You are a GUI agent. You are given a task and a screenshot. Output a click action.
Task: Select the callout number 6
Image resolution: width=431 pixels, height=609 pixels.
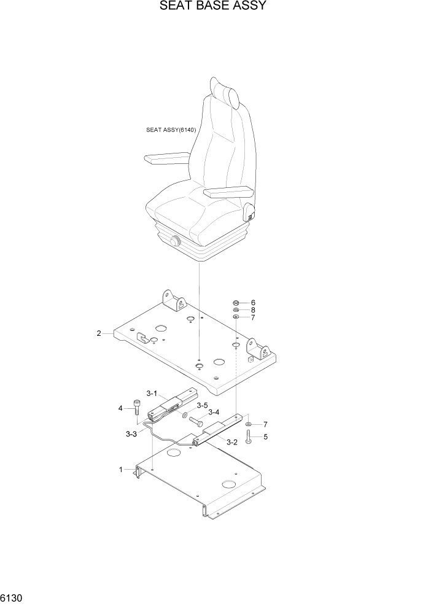tap(252, 303)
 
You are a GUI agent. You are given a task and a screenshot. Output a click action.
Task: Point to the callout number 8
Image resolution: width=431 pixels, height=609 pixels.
tap(252, 310)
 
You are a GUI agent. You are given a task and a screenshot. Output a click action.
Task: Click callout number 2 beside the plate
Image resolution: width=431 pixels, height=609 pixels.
tap(99, 333)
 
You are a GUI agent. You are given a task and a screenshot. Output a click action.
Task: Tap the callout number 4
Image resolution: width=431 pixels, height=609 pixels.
tap(120, 408)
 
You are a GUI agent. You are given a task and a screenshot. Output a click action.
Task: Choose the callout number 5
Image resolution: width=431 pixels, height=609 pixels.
tap(265, 437)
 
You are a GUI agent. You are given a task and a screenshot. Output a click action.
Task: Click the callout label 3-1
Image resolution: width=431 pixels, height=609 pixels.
tap(152, 394)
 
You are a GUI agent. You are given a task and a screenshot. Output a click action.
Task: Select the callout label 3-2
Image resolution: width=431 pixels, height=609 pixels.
tap(231, 442)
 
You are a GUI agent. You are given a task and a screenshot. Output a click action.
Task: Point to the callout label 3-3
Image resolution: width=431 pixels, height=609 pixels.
tap(131, 434)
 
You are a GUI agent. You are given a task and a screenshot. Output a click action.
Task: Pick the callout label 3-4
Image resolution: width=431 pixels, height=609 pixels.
tap(214, 413)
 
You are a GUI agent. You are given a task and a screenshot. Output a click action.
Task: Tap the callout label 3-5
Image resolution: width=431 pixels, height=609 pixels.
tap(202, 405)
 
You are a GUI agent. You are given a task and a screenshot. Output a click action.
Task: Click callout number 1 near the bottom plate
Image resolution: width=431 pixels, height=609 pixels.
tap(121, 470)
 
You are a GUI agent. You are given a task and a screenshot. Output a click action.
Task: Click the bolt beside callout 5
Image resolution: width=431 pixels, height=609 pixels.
tap(248, 437)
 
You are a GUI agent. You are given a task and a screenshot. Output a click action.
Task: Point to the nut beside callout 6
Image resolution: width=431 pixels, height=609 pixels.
tap(236, 303)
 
